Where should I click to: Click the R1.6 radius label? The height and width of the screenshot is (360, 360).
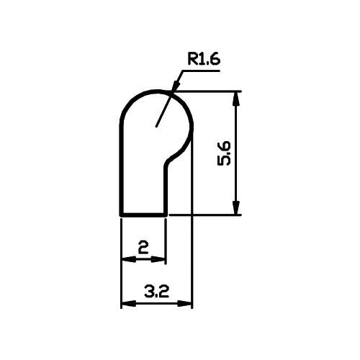(x=204, y=59)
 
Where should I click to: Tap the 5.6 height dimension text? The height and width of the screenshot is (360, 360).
(x=224, y=153)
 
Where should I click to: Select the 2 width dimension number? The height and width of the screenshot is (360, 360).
(x=143, y=247)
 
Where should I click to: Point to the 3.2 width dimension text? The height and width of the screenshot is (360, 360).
(x=156, y=291)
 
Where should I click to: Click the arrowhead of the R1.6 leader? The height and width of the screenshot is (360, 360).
(x=176, y=85)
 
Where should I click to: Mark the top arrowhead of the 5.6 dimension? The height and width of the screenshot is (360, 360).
(x=236, y=98)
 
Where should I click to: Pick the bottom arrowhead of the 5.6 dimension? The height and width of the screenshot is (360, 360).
(x=236, y=207)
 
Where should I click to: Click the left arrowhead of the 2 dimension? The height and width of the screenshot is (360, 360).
(x=129, y=259)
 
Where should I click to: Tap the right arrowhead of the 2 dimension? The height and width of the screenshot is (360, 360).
(x=158, y=259)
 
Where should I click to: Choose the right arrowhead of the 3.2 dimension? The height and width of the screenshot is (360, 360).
(x=185, y=303)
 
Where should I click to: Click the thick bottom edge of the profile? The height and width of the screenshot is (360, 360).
(x=143, y=215)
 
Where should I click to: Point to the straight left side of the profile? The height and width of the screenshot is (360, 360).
(x=122, y=168)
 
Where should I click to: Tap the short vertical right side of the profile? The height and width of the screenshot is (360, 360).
(x=166, y=189)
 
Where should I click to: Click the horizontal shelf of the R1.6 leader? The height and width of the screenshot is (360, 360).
(x=201, y=71)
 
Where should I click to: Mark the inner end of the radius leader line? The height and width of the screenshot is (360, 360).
(x=156, y=126)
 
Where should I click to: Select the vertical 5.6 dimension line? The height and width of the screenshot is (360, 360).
(x=236, y=153)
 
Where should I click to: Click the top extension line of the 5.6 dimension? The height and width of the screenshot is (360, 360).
(x=207, y=91)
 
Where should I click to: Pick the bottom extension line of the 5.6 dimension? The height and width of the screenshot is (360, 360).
(x=205, y=215)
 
